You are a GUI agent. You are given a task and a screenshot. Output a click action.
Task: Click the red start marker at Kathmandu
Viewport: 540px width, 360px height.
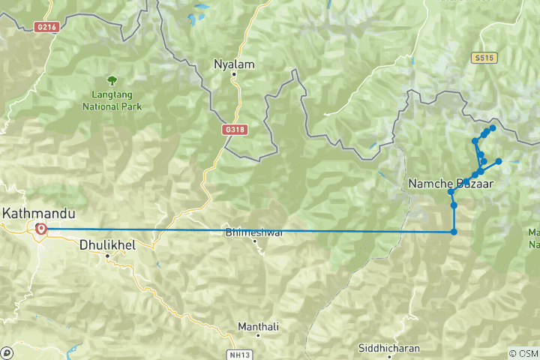[40, 229]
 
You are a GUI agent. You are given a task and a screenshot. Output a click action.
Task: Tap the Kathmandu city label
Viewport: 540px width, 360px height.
[34, 213]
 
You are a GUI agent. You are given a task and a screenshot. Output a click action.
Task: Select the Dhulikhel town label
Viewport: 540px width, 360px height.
[107, 244]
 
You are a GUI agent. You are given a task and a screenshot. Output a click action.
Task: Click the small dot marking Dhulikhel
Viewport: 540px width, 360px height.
[107, 256]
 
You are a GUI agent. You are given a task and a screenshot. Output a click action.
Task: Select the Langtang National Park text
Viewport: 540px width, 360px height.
[112, 101]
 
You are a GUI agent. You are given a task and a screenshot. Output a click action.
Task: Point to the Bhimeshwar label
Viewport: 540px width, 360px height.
[254, 232]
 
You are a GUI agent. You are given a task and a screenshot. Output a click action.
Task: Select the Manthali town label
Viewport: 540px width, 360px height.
[258, 327]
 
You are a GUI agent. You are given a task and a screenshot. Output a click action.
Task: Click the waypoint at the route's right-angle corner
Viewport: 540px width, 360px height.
[454, 232]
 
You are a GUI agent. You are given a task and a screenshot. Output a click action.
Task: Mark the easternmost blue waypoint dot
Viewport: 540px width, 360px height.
[499, 161]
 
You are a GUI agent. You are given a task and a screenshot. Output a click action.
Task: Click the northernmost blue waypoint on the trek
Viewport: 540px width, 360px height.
[493, 128]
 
